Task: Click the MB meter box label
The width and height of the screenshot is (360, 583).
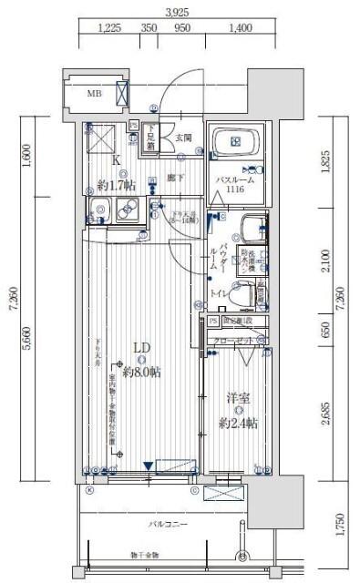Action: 94,93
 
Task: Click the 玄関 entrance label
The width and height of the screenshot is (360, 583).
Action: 183,138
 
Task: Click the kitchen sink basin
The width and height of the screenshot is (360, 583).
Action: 100,214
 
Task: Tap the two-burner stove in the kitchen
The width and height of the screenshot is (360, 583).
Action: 127,215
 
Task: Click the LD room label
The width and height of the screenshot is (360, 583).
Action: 141,347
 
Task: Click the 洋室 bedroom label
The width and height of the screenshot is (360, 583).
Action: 238,397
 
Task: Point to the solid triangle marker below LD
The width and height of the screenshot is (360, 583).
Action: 148,467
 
